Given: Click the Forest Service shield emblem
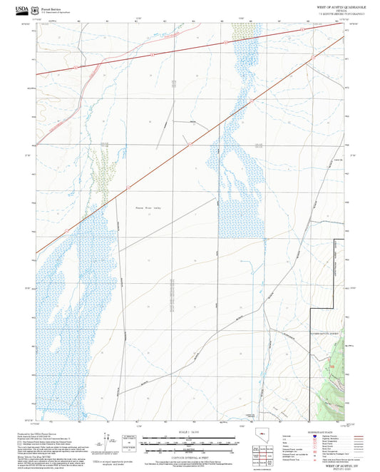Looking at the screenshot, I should [36, 9].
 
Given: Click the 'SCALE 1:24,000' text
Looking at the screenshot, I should [189, 433].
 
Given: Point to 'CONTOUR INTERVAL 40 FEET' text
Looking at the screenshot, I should [189, 455].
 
